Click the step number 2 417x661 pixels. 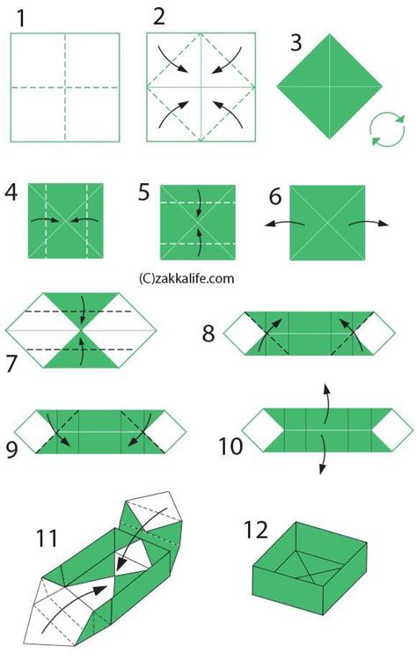[158, 16]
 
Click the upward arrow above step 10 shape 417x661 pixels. [326, 393]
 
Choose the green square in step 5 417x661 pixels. [198, 223]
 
